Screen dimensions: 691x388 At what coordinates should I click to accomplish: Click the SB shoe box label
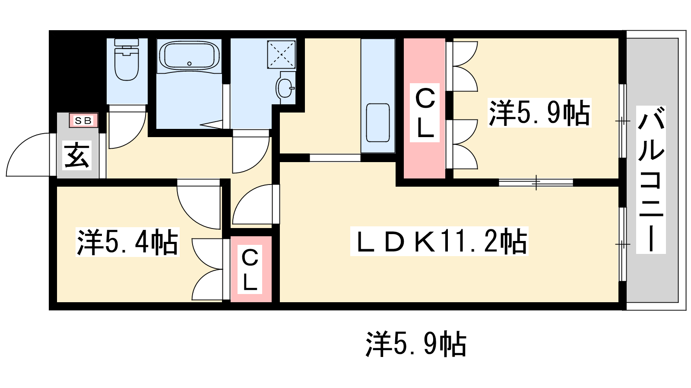click(x=83, y=121)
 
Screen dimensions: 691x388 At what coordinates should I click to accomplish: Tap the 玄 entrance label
click(x=77, y=155)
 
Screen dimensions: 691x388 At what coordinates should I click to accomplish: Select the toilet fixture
click(x=127, y=59)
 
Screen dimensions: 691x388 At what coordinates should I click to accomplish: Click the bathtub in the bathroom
click(x=190, y=56)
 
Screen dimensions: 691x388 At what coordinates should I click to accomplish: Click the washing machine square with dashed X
click(x=281, y=54)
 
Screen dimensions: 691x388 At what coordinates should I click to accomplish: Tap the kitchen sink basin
click(x=378, y=122)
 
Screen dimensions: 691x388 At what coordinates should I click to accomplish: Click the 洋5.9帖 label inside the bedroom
click(x=539, y=113)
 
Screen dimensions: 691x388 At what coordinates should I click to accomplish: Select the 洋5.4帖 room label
click(x=127, y=242)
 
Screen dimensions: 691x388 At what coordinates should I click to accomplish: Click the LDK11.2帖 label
click(x=439, y=241)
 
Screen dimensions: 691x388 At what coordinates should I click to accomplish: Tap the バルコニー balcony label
click(x=651, y=179)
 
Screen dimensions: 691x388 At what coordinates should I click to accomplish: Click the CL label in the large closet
click(x=425, y=113)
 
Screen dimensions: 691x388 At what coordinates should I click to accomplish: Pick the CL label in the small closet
click(x=250, y=269)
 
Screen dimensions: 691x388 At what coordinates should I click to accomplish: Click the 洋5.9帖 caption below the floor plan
click(x=416, y=344)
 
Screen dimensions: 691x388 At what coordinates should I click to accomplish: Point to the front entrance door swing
click(x=29, y=155)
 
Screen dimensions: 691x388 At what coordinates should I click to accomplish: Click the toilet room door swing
click(x=127, y=130)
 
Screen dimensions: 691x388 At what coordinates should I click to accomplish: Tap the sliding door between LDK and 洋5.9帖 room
click(x=536, y=182)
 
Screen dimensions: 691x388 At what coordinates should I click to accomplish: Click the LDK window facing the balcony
click(x=622, y=244)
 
